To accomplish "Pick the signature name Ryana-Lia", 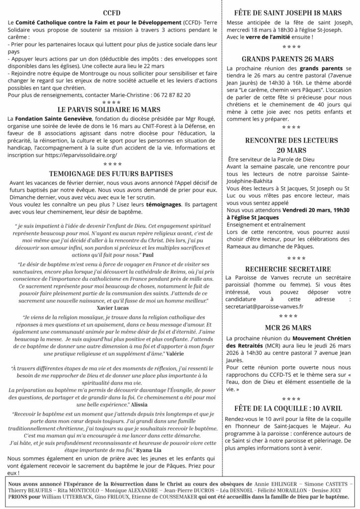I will click(159, 452).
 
